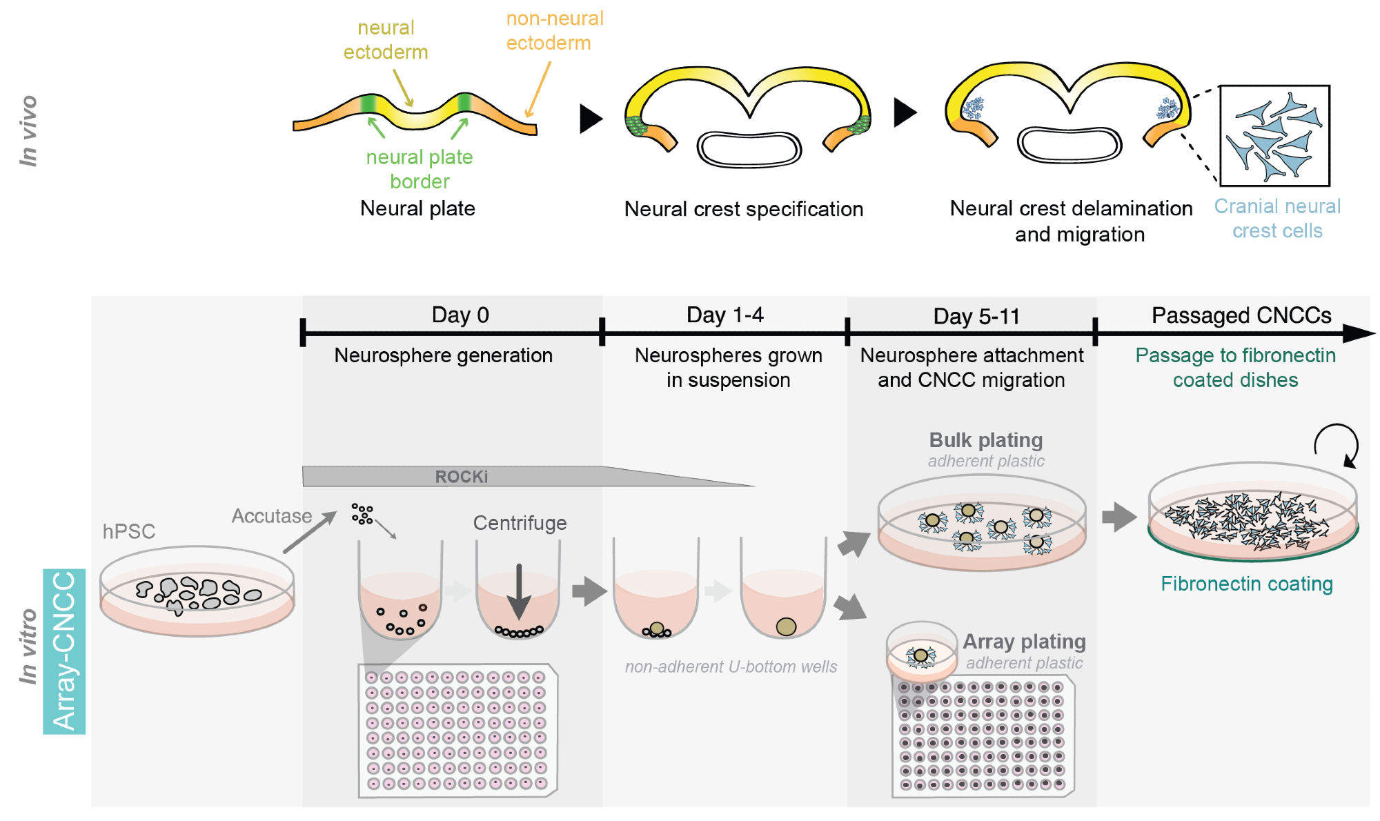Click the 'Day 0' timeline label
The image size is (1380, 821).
(x=460, y=315)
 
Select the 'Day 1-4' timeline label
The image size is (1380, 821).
(x=724, y=315)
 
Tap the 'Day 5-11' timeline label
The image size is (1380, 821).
(x=976, y=317)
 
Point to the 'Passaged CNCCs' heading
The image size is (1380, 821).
(x=1241, y=315)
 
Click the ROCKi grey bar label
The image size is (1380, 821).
(x=461, y=477)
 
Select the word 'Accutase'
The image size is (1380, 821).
(x=271, y=516)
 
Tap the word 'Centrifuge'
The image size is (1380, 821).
(x=520, y=523)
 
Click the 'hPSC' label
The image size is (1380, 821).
(x=129, y=531)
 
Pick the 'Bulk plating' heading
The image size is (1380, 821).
(x=985, y=440)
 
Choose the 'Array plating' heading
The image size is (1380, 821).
(x=1024, y=642)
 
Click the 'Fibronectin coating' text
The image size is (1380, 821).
(x=1246, y=584)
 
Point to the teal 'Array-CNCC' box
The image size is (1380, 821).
(x=64, y=651)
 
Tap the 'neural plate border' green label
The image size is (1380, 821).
(x=420, y=169)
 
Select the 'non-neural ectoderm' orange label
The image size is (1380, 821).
(x=555, y=31)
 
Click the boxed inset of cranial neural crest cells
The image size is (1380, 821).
(x=1274, y=136)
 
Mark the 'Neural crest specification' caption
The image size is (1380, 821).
(x=743, y=209)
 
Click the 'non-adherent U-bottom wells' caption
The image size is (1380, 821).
(x=731, y=666)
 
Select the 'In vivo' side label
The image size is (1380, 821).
(x=28, y=131)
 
